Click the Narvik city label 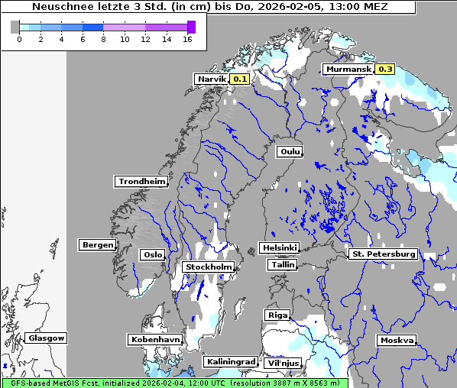click(x=212, y=79)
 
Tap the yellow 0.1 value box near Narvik click(x=240, y=79)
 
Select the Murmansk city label click(x=348, y=70)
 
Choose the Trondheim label click(x=141, y=181)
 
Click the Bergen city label click(x=96, y=245)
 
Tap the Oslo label click(x=151, y=254)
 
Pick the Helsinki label click(x=279, y=247)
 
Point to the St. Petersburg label click(x=382, y=254)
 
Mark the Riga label click(x=277, y=315)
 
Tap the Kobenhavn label click(x=155, y=339)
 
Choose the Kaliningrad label click(x=230, y=361)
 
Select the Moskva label click(x=397, y=340)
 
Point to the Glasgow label click(x=46, y=338)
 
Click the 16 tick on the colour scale click(x=186, y=39)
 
